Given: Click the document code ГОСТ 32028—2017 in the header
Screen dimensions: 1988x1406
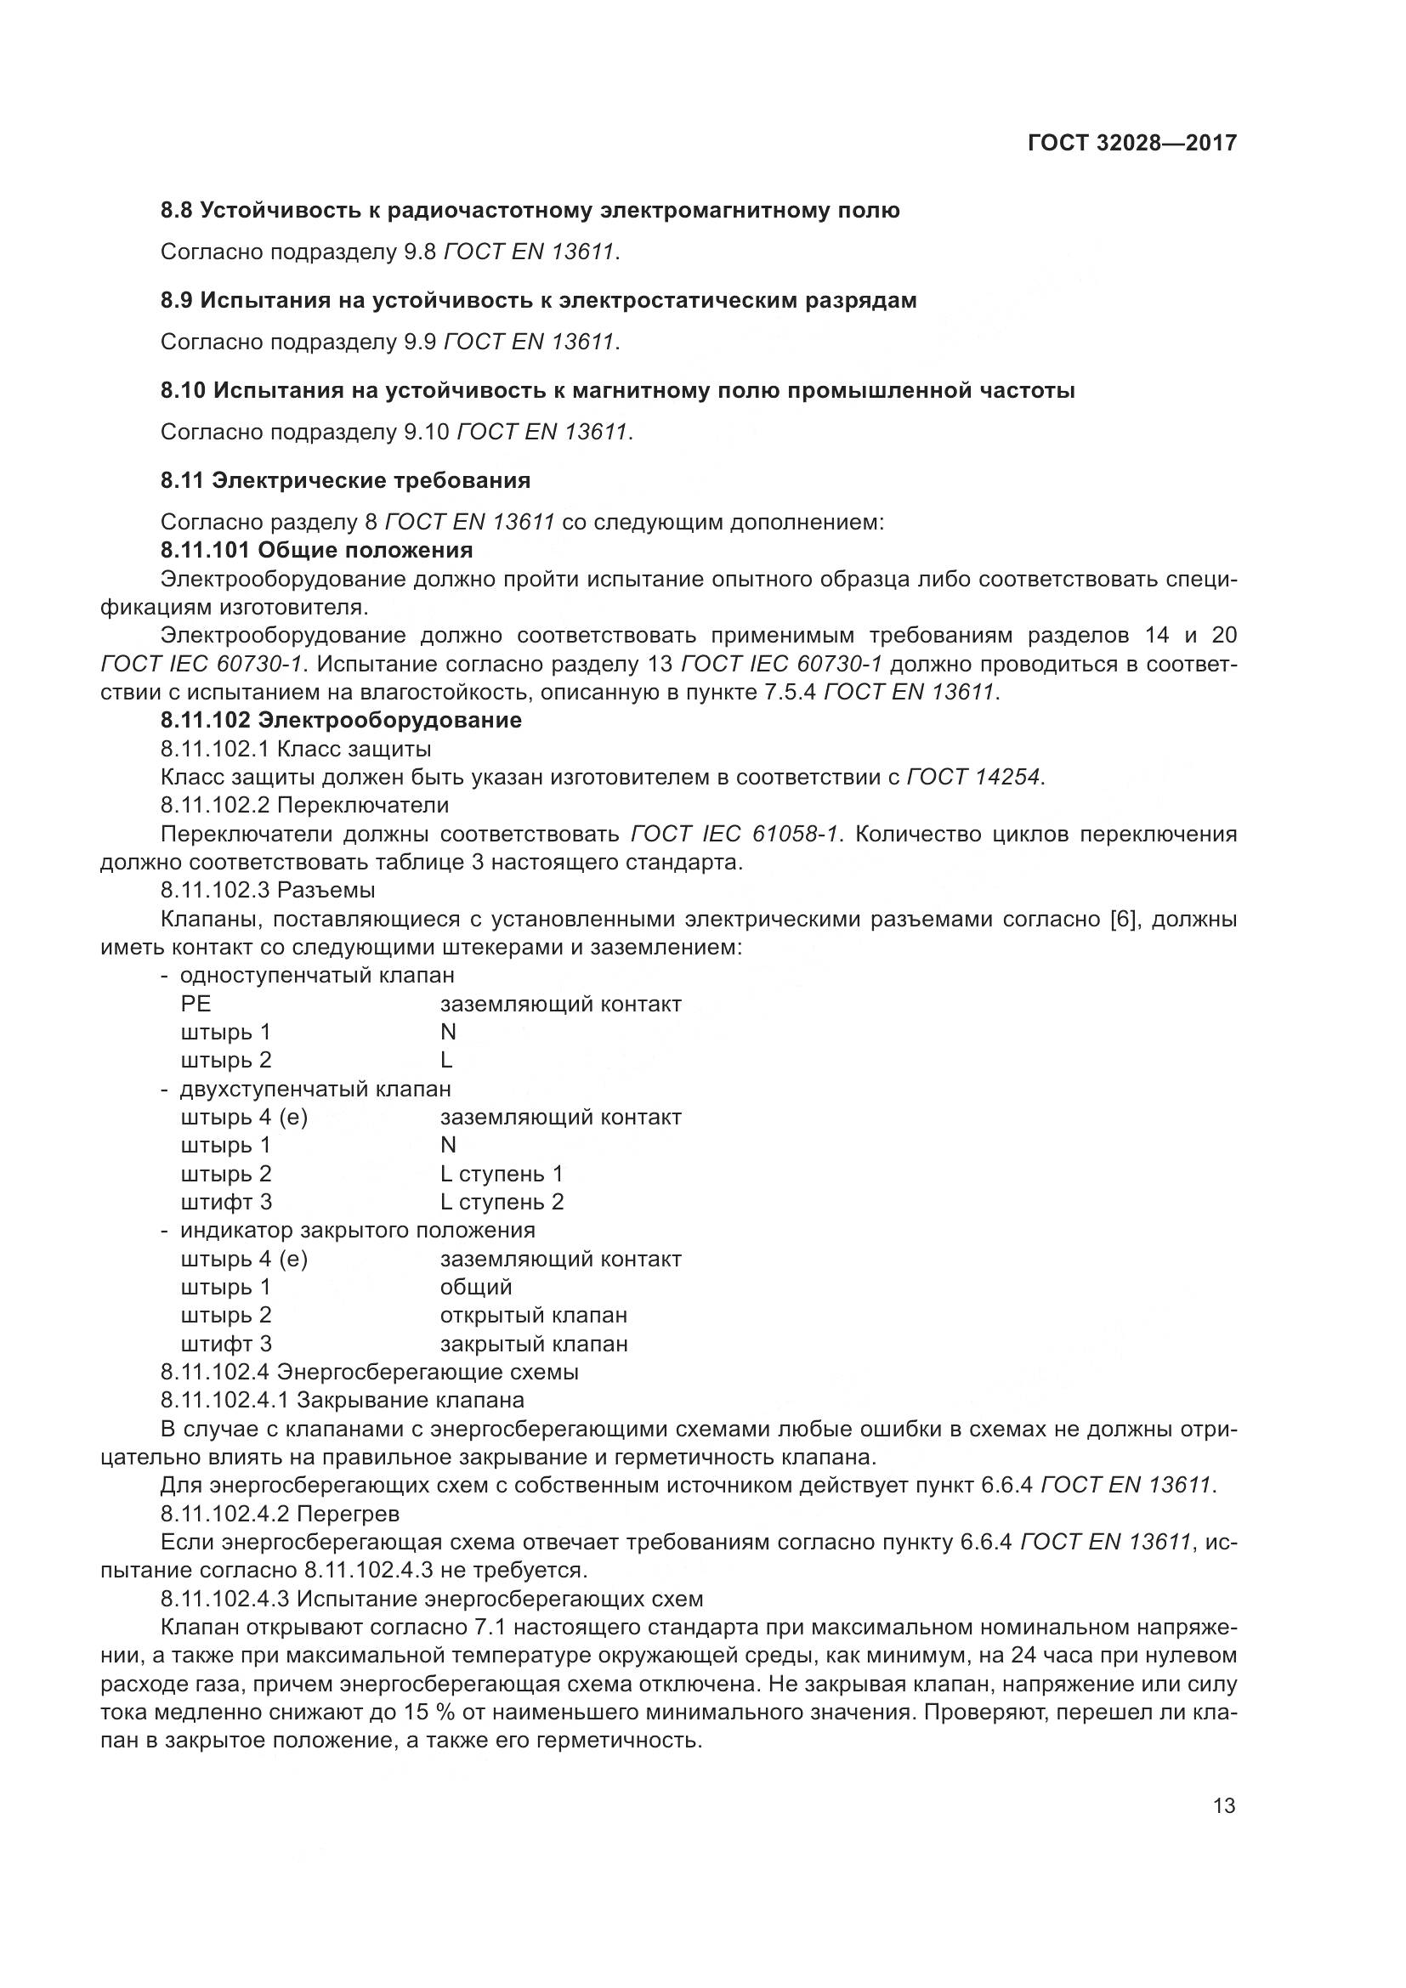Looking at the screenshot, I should (1131, 143).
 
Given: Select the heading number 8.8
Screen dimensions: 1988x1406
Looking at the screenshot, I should (178, 211).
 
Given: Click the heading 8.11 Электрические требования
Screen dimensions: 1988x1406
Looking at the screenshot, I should (345, 480).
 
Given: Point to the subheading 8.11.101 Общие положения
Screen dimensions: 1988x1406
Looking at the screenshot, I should (317, 551).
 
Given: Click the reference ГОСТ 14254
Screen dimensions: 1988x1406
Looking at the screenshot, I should (973, 778).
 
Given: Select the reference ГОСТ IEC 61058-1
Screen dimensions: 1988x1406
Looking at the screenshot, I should (735, 834).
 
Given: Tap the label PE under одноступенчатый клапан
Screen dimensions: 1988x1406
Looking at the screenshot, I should (196, 1005).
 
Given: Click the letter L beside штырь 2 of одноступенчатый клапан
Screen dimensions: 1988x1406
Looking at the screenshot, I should (447, 1061).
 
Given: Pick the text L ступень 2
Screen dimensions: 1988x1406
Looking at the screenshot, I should (502, 1202).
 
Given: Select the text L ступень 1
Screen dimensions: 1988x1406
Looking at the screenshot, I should (502, 1174).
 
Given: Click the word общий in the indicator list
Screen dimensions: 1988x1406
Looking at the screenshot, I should (476, 1288).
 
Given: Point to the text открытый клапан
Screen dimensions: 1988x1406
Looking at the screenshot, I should (533, 1315).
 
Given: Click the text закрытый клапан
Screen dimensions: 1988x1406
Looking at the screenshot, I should (533, 1345).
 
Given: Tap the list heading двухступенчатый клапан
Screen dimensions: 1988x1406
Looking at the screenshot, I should (315, 1089).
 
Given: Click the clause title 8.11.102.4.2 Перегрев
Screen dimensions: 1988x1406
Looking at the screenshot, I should (281, 1515).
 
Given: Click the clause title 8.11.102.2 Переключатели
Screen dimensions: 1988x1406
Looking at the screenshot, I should (305, 805).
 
